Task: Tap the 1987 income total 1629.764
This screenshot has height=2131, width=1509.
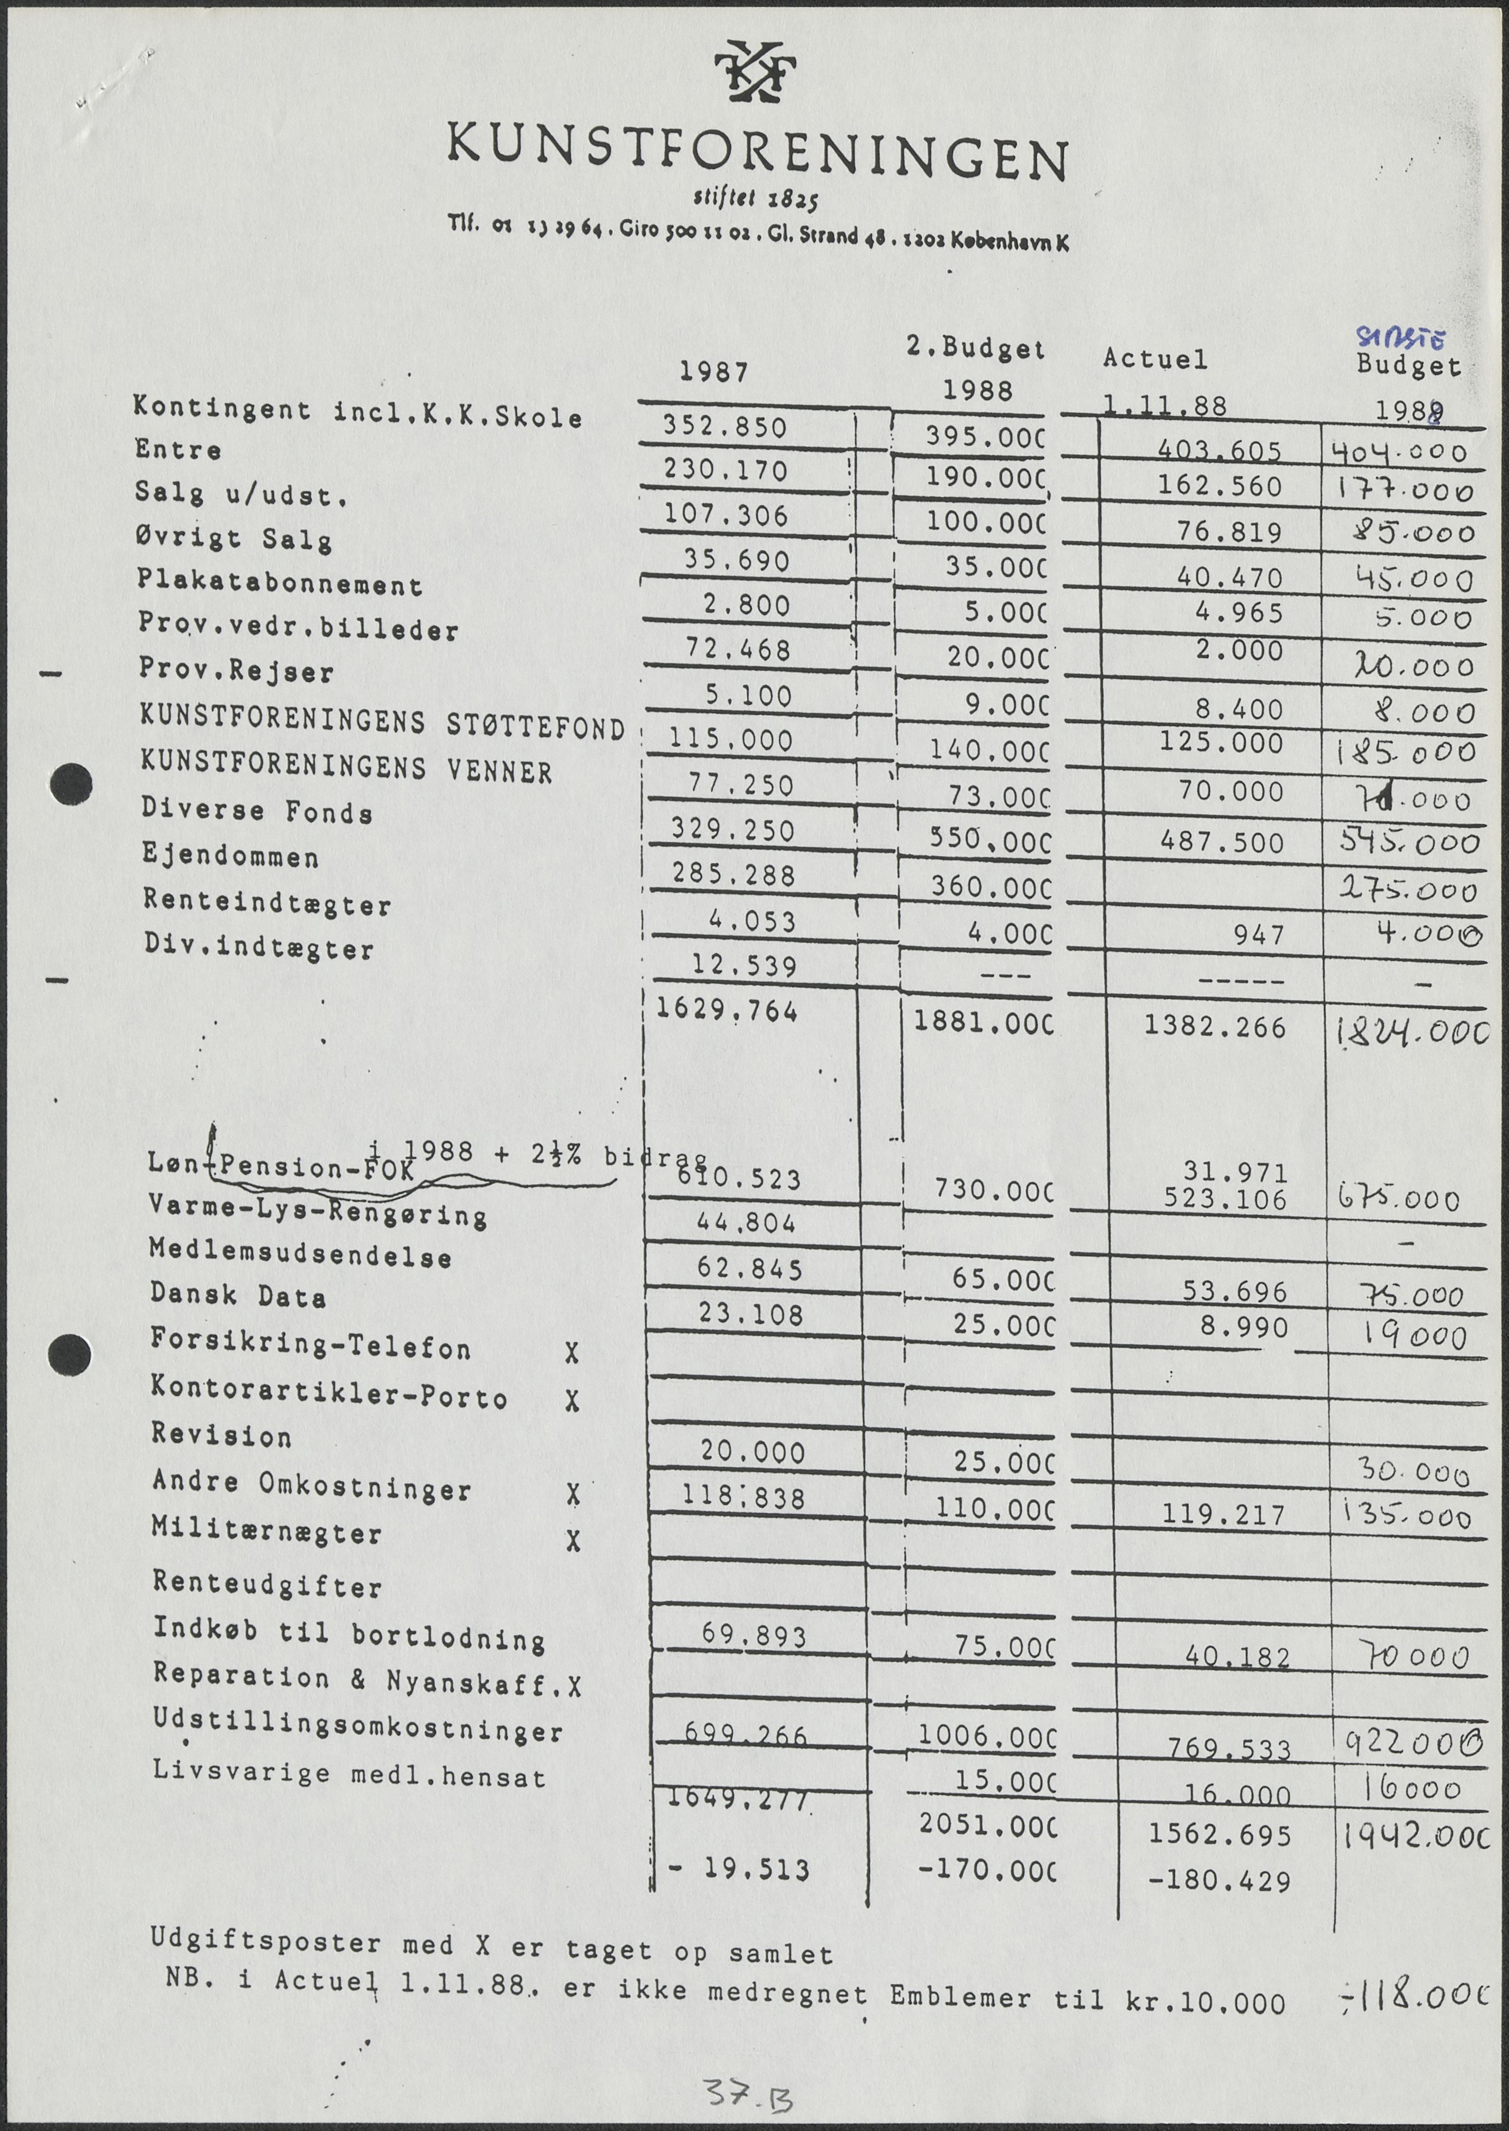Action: (727, 1011)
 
